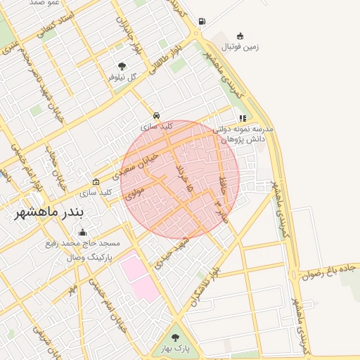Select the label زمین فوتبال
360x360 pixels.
click(241, 47)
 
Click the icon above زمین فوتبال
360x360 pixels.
click(240, 36)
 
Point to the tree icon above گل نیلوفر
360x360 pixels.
click(122, 67)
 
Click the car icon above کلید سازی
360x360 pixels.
click(156, 115)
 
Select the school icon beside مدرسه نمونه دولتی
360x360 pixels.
click(243, 119)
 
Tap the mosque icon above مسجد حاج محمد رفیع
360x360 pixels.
click(83, 233)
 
